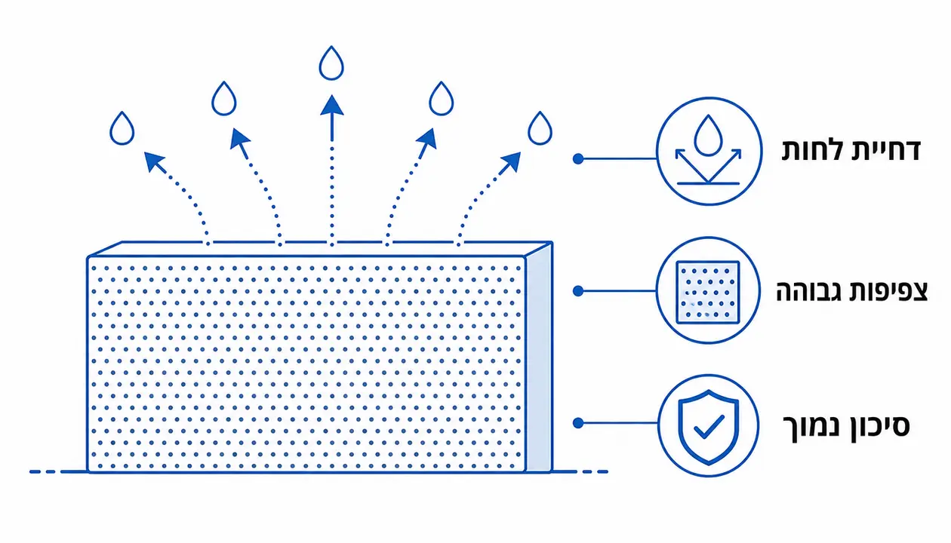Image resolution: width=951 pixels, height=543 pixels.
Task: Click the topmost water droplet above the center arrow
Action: coord(331,63)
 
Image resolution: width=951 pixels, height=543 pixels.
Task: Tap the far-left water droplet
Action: coord(122,129)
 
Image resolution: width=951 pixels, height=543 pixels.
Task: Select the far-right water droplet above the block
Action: coord(540,129)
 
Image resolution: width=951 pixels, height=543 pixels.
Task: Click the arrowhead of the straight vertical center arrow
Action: coord(331,106)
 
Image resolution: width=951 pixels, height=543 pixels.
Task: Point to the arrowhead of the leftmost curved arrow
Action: coord(154,161)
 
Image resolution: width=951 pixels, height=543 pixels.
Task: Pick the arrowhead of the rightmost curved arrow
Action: coord(510,161)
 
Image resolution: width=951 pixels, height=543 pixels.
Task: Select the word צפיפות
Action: coord(888,292)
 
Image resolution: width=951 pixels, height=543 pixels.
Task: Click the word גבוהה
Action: coord(809,292)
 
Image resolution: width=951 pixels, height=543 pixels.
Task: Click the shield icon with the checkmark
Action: coord(708,427)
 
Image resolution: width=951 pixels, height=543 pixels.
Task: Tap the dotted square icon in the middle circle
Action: coord(708,293)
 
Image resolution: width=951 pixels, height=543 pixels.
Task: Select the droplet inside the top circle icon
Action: coord(708,135)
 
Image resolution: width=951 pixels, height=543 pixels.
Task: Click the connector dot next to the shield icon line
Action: coord(578,423)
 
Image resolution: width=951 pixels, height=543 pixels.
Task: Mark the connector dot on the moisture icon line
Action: coord(578,158)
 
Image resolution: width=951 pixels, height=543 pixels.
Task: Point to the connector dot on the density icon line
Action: coord(578,291)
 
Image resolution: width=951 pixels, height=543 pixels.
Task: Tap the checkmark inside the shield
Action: coord(709,426)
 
